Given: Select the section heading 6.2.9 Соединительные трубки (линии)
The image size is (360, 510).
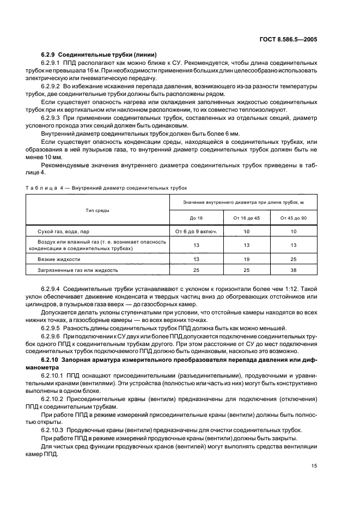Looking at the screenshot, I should click(99, 56).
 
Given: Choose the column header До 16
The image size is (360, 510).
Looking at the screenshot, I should click(196, 218).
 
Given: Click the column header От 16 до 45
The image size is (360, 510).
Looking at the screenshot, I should click(246, 218).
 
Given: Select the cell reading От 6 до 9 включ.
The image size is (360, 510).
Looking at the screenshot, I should click(196, 232).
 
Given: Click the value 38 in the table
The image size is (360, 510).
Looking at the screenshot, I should click(293, 269).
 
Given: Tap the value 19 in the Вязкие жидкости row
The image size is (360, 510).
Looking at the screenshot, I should click(246, 259).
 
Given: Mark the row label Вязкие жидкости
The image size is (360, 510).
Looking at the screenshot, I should click(59, 259).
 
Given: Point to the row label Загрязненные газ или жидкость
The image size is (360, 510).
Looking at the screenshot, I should click(77, 269).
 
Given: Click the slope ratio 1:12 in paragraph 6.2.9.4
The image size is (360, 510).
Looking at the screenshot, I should click(292, 288).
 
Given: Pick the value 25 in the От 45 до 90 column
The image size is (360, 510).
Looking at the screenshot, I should click(293, 259).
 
